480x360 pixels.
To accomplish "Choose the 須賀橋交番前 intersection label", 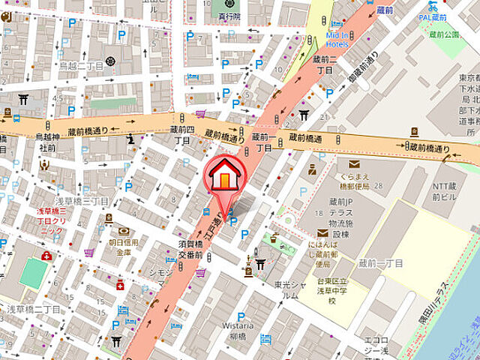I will click(x=190, y=247).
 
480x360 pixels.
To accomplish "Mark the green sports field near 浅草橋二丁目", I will click(x=32, y=273).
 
